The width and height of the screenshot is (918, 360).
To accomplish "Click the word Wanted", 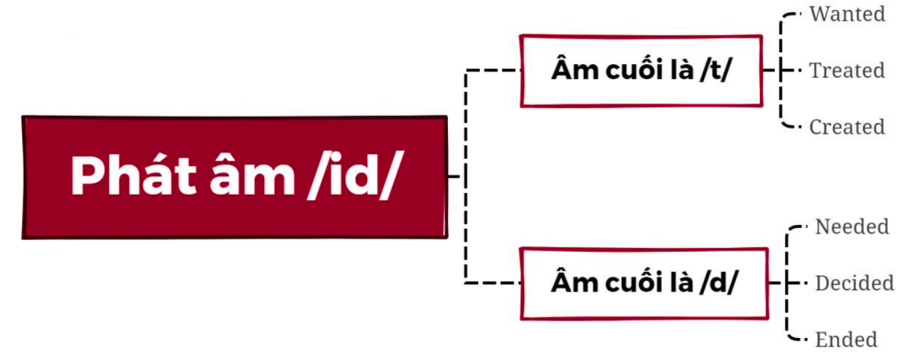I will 846,15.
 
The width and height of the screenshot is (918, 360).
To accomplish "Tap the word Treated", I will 846,71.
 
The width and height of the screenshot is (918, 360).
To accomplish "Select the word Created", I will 846,127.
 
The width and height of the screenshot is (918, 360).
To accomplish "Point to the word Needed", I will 852,227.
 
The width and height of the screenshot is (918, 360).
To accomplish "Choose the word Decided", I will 854,283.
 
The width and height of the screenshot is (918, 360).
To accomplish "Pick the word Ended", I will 845,339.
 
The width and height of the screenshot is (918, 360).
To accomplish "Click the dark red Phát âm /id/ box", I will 234,176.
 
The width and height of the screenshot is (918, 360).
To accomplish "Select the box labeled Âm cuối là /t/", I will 642,71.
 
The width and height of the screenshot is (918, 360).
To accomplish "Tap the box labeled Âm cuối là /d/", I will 644,283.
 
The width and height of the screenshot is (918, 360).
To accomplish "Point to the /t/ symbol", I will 714,71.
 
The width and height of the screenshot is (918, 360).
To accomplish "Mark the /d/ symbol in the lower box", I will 717,283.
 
